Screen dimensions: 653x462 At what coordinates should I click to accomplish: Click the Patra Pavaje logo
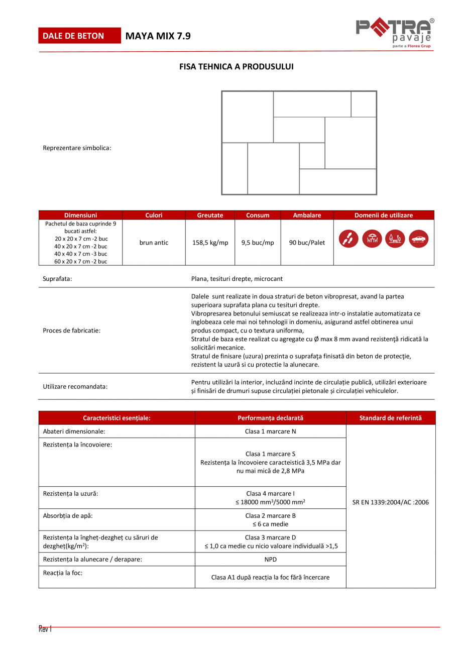[x=395, y=34]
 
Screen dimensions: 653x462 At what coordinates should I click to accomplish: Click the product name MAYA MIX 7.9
[x=158, y=36]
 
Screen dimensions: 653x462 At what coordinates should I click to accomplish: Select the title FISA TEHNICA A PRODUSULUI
[x=237, y=66]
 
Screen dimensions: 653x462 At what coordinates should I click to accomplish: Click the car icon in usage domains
[x=418, y=239]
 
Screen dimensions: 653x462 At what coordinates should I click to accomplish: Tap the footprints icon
[x=349, y=239]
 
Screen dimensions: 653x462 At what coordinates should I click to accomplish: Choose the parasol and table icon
[x=372, y=239]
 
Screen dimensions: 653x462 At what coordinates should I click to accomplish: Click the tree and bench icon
[x=395, y=239]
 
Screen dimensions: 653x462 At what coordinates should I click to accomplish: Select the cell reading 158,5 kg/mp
[x=210, y=243]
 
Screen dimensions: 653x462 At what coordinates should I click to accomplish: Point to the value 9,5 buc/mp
[x=258, y=243]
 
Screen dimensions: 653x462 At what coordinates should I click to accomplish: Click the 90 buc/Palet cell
[x=307, y=243]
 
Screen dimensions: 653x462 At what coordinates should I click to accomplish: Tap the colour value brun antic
[x=154, y=243]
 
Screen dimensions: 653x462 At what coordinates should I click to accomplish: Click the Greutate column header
[x=210, y=215]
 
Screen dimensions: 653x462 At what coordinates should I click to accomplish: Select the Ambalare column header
[x=307, y=215]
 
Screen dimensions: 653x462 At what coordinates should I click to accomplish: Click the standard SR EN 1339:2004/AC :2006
[x=391, y=502]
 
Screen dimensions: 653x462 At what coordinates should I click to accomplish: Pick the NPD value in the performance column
[x=270, y=559]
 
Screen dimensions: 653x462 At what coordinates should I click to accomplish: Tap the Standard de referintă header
[x=391, y=418]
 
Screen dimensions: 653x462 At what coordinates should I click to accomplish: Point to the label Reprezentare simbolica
[x=77, y=148]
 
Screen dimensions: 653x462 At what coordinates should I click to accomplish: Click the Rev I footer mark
[x=45, y=628]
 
